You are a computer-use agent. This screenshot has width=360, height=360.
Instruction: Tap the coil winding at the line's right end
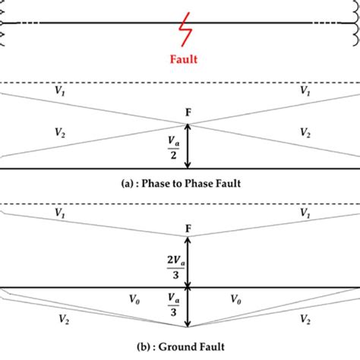[x=355, y=23]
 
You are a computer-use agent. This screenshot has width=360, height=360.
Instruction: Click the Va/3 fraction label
[x=172, y=305]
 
